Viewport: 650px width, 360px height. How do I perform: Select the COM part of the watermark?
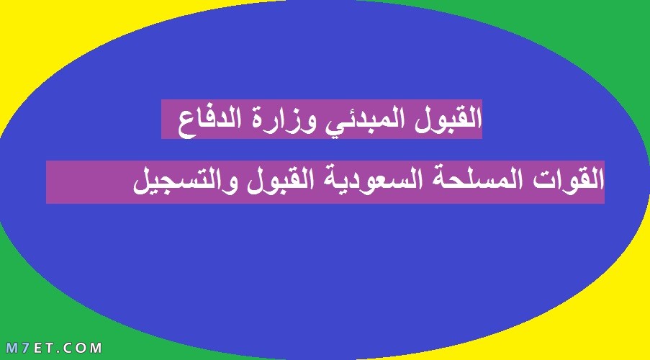pyautogui.click(x=82, y=348)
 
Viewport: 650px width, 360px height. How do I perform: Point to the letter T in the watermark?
pyautogui.click(x=48, y=348)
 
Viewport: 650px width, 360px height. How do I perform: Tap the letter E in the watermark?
pyautogui.click(x=36, y=348)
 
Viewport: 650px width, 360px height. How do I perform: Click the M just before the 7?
pyautogui.click(x=12, y=348)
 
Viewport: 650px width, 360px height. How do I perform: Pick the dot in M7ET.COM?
pyautogui.click(x=58, y=351)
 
